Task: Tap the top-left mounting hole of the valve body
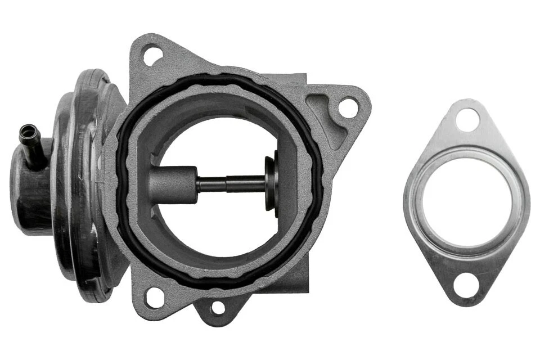coord(152,56)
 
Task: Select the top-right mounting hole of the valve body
coord(348,107)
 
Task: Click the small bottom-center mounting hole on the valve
coord(218,308)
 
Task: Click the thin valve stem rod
coord(231,184)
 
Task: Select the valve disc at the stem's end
coord(272,183)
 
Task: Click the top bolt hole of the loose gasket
coord(467,120)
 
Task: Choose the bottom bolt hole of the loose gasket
coord(466,285)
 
